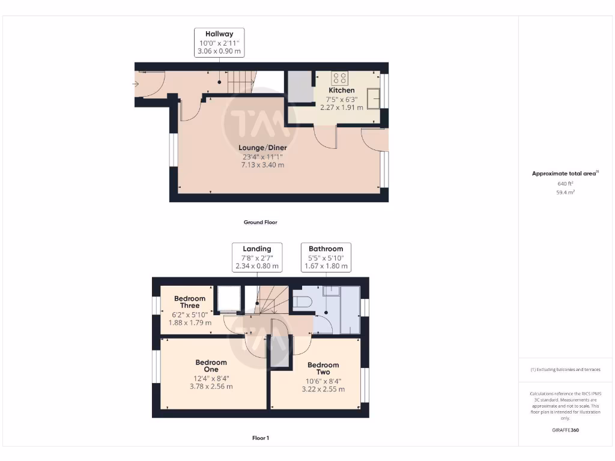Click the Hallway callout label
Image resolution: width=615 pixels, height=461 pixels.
(219, 34)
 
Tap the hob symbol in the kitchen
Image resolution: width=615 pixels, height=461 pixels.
(340, 77)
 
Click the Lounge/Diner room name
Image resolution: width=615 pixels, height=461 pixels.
(262, 148)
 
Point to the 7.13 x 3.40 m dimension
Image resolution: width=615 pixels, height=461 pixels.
(262, 164)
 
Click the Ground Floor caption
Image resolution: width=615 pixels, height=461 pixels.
(260, 222)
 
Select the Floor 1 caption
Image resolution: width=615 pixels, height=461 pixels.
(260, 438)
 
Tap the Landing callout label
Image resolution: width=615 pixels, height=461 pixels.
(256, 249)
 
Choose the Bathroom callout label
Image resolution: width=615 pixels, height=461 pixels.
(326, 249)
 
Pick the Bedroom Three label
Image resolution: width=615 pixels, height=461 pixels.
(190, 302)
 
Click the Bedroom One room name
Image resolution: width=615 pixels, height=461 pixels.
(211, 366)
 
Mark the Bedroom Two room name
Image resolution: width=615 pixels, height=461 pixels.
(323, 369)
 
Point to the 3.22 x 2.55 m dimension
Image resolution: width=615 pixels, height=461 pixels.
(323, 389)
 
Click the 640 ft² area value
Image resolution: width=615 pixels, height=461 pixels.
(565, 184)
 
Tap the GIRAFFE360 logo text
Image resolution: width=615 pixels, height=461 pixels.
(565, 430)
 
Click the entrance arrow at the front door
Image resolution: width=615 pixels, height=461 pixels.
(136, 84)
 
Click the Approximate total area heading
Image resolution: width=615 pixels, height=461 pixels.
(565, 173)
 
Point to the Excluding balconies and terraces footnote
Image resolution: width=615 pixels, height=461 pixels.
(565, 370)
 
